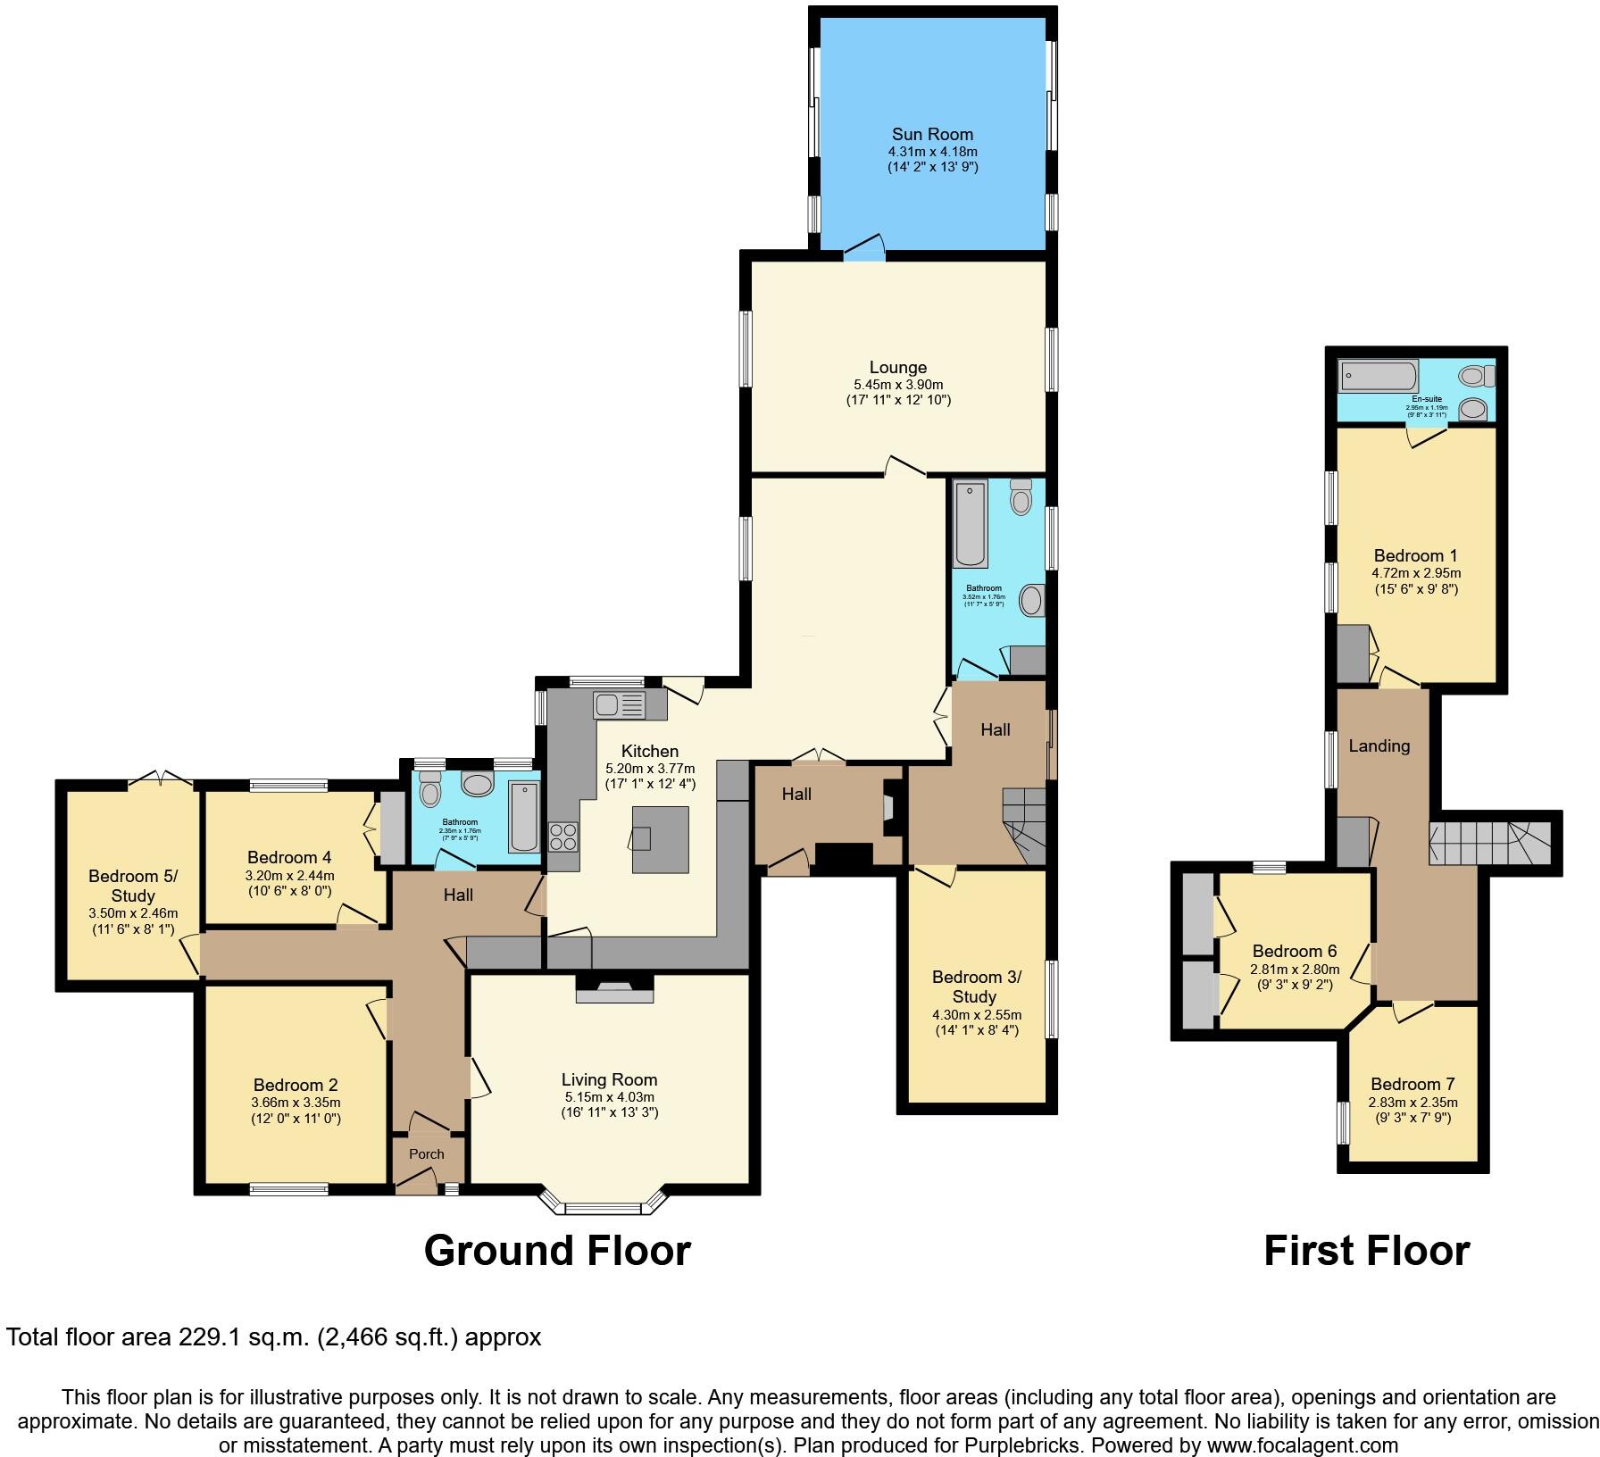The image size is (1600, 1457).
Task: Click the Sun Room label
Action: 931,135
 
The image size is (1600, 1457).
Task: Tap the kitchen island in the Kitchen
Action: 660,839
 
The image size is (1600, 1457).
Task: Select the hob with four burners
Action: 562,837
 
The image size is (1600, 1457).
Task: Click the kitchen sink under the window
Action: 619,704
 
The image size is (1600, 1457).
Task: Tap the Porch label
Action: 426,1153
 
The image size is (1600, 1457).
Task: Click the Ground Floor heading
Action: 557,1251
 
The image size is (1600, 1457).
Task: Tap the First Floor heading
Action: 1366,1251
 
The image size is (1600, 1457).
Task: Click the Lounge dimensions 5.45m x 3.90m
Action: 898,385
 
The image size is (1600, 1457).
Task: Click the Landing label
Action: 1379,745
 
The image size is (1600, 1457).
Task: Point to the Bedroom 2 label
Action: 296,1085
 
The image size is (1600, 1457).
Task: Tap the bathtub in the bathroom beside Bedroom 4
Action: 524,815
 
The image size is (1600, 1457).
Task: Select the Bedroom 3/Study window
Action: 1051,999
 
